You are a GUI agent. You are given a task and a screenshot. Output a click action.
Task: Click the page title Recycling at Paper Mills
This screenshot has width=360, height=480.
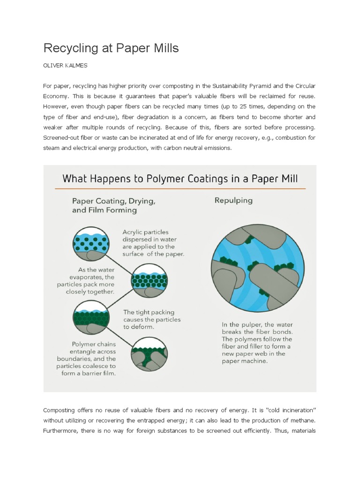coord(111,48)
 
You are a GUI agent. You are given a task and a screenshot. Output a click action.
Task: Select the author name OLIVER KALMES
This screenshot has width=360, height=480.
coord(65,66)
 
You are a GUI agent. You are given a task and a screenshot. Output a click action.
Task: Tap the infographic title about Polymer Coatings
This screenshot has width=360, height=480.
coord(180,178)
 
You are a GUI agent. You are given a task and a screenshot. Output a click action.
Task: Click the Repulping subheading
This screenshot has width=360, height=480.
coord(233,201)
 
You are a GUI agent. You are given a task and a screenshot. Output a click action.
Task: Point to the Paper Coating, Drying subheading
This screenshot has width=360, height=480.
coord(113,205)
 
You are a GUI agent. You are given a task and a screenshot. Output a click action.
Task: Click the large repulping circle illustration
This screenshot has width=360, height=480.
coord(255,265)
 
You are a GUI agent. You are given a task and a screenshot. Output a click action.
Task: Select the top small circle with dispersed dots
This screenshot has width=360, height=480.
coord(91,242)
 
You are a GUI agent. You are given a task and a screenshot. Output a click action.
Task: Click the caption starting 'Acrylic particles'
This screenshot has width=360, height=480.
coord(153,243)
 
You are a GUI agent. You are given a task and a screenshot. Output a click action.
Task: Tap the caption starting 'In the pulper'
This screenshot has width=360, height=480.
coord(256,343)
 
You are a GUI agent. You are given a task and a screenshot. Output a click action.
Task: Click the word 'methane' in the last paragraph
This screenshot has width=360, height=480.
coord(301,420)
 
